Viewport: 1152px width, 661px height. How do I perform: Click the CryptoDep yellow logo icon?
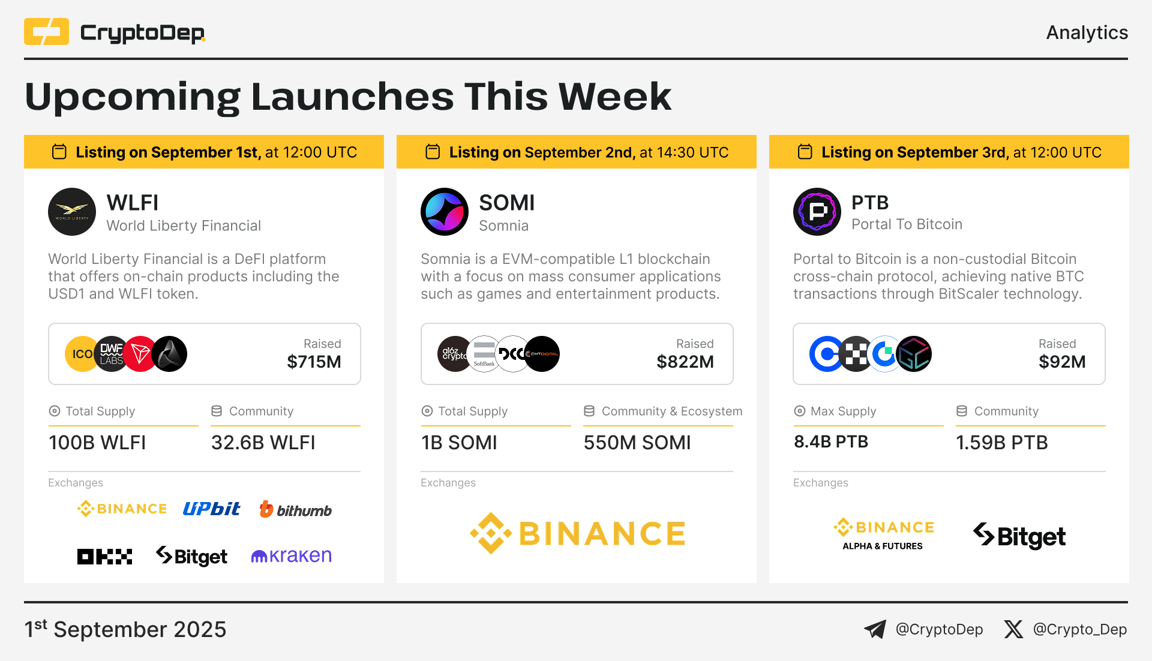coord(46,32)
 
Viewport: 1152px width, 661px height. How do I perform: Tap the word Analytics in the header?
coord(1087,32)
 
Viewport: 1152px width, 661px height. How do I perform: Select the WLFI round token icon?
coord(72,212)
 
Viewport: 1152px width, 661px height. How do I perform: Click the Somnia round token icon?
coord(445,212)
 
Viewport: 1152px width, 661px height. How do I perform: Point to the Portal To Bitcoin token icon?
coord(817,212)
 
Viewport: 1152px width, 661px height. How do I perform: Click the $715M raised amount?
coord(314,362)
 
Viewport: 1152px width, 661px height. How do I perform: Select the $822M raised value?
coord(685,362)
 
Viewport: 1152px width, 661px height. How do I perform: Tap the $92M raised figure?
coord(1062,362)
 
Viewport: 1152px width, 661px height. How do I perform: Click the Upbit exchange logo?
coord(212,509)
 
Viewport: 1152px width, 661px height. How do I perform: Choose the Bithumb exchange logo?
coord(295,509)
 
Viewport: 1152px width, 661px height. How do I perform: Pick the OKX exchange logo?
coord(104,557)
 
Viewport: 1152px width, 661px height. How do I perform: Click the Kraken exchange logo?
coord(291,556)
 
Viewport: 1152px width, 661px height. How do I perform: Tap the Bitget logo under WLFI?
coord(191,556)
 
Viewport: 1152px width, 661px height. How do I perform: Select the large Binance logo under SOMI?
coord(577,533)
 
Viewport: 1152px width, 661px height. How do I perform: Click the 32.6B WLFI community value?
coord(263,443)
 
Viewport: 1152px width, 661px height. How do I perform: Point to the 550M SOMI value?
coord(637,443)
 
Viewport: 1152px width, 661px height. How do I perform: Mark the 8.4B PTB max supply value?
coord(831,442)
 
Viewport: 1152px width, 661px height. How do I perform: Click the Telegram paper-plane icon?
coord(875,629)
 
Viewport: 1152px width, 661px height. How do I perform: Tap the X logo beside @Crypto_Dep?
coord(1013,629)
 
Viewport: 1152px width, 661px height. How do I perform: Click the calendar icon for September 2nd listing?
coord(433,152)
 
